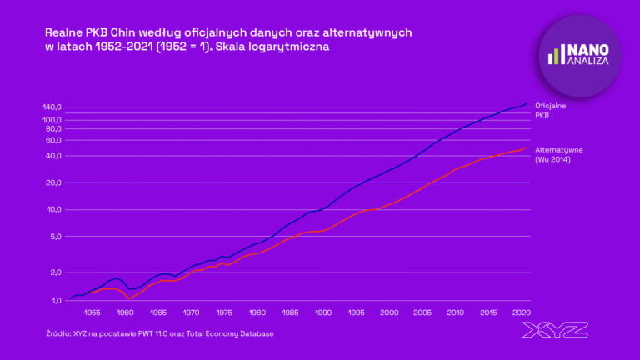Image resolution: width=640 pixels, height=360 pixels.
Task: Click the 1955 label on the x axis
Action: (92, 313)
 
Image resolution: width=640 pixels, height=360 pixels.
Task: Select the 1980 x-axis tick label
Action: (257, 313)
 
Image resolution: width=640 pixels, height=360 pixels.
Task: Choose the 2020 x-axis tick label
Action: (521, 313)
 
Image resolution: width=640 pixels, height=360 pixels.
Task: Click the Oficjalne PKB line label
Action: (551, 110)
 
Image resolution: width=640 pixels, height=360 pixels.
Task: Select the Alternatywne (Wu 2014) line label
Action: (558, 154)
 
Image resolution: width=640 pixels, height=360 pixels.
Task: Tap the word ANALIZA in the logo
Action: (590, 61)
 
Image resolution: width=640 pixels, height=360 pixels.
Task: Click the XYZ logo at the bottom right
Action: (555, 330)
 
